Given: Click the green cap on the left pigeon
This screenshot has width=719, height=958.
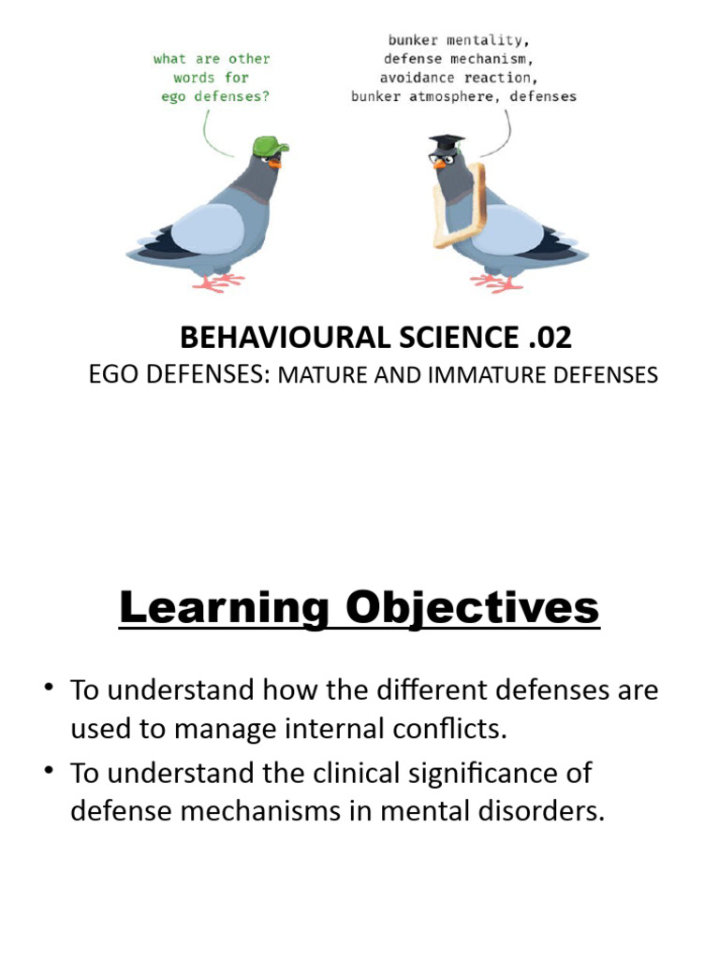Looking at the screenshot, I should point(270,145).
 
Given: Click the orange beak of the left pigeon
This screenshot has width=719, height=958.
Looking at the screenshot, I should point(275,162).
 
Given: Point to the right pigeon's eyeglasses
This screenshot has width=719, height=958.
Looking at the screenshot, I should point(441,158).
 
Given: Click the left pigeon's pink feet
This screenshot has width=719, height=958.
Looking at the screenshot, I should point(219,281).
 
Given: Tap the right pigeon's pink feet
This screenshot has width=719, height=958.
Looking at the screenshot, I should point(497,281).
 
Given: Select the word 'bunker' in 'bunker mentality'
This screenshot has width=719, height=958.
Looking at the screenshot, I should point(413,41).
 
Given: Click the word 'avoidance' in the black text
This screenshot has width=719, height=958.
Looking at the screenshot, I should point(418,78).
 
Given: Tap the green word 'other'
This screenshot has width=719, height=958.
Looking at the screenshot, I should point(249,59).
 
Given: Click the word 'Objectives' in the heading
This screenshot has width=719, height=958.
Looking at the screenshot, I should point(472,609).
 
